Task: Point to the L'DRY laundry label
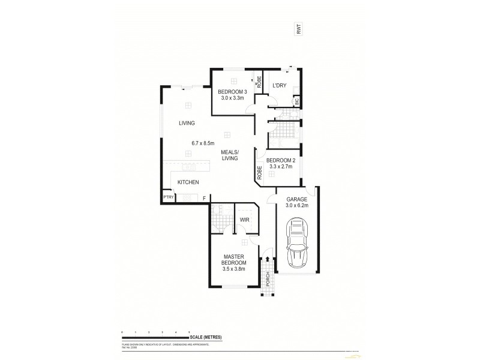coord(279,86)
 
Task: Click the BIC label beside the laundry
coord(297,102)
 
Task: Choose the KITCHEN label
coord(188,182)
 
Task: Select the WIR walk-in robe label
coord(244,220)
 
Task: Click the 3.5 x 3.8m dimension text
coord(234,269)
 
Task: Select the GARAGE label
coord(297,199)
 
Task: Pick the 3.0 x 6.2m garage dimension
coord(297,206)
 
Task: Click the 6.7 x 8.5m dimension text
coord(203,143)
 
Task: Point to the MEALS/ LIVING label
coord(229,155)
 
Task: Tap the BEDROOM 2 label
coord(281,160)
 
